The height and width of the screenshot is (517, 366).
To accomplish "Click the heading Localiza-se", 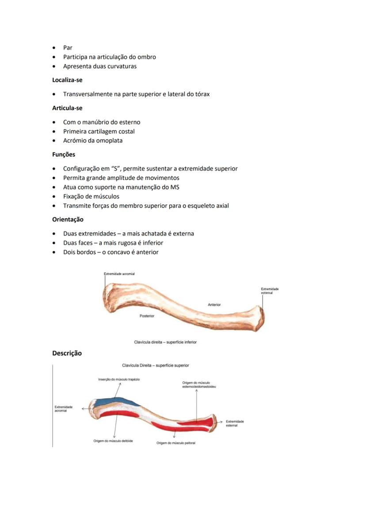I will [67, 80].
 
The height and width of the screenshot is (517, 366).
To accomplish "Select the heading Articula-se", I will [67, 108].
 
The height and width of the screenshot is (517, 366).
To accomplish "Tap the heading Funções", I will [64, 155].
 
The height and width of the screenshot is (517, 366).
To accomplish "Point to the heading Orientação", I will [68, 219].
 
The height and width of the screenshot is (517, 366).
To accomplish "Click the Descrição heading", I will [67, 353].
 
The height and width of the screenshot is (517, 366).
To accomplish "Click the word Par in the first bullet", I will [68, 48].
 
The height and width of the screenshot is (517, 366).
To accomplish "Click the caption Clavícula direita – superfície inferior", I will [165, 342].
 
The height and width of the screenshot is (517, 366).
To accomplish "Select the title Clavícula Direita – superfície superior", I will [156, 365].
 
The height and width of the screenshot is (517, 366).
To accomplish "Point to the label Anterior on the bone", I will [214, 305].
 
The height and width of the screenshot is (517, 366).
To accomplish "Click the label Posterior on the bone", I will [147, 316].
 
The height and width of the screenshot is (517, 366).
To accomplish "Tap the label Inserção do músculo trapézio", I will [119, 380].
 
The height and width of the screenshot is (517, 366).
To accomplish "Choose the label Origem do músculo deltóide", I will [113, 441].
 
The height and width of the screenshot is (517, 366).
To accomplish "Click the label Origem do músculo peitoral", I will [175, 443].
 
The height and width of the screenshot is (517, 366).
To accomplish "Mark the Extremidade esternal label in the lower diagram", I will [235, 423].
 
